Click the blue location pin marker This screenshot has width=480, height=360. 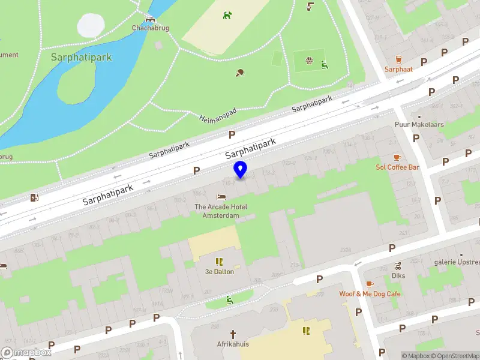click(x=241, y=170)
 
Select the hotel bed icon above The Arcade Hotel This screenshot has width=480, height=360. click(x=221, y=197)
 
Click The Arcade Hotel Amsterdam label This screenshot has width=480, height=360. click(x=221, y=211)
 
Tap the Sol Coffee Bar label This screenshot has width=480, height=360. click(x=397, y=167)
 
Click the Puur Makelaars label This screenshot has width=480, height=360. click(x=419, y=125)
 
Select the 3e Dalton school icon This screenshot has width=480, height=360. click(x=219, y=262)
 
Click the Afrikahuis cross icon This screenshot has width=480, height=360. click(x=233, y=333)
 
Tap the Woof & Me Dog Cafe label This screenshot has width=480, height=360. click(x=370, y=294)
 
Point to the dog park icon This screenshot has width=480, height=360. click(x=227, y=15)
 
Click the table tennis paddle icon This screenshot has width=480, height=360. click(x=241, y=73)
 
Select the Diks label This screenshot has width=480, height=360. click(x=398, y=276)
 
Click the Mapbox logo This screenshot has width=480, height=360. click(x=26, y=353)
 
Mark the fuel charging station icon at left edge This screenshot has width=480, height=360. click(x=35, y=197)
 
